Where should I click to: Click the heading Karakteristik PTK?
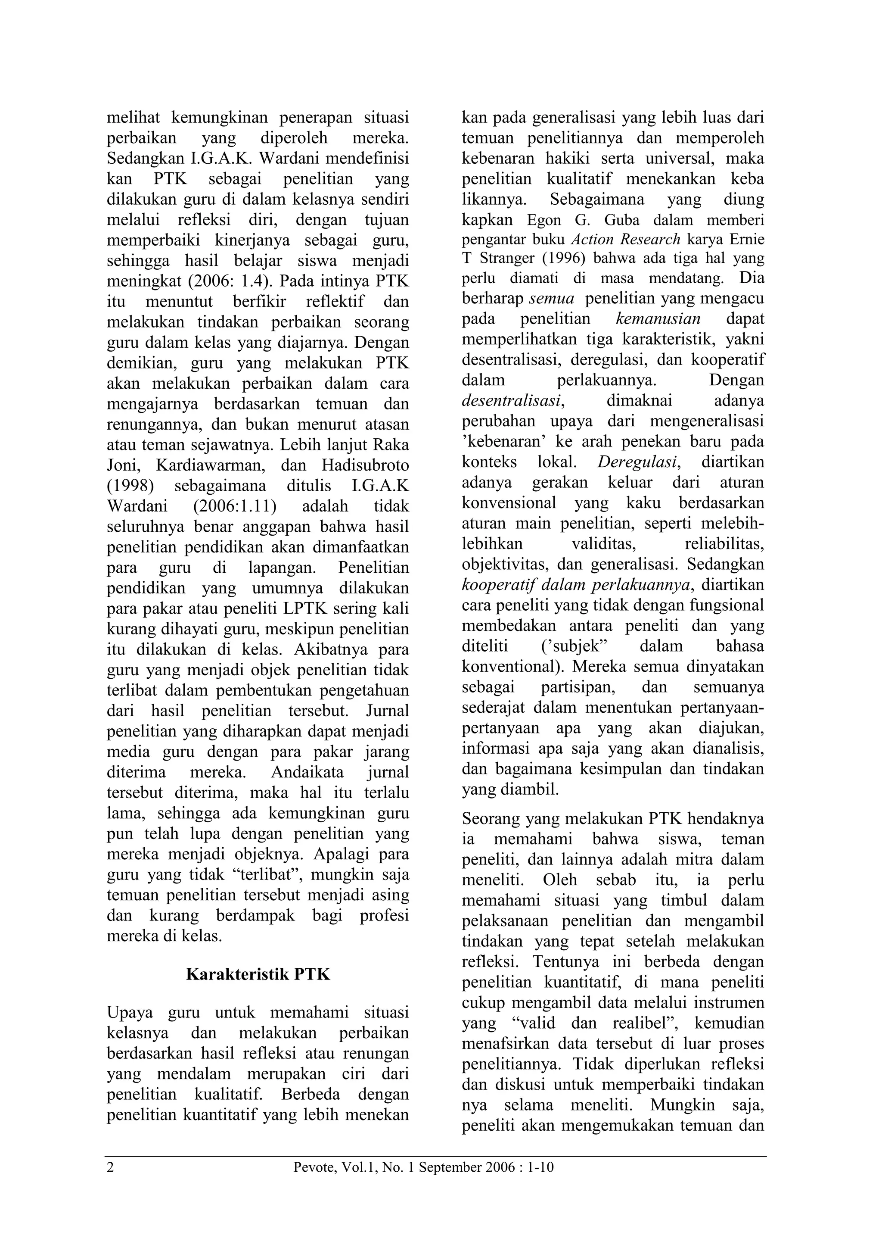(x=258, y=973)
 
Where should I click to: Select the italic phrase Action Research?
(x=626, y=240)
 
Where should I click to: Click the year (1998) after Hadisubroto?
(x=130, y=485)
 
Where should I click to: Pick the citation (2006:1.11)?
(x=235, y=506)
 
